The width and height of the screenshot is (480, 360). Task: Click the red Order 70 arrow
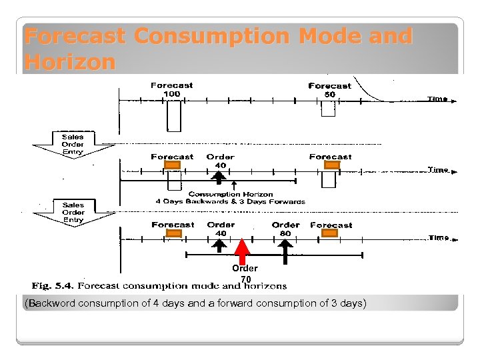tap(243, 253)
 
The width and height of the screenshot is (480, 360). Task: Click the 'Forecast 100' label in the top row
tap(171, 89)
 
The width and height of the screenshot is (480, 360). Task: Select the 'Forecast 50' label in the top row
tap(329, 90)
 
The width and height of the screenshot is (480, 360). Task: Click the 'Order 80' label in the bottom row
tap(285, 229)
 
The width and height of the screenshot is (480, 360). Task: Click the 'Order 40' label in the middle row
tap(220, 161)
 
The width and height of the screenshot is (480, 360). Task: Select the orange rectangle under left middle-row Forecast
tap(173, 165)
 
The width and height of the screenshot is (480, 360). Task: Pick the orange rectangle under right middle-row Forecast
tap(329, 165)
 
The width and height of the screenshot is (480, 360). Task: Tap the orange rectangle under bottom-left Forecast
tap(173, 233)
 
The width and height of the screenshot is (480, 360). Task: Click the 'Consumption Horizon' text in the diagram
tap(230, 194)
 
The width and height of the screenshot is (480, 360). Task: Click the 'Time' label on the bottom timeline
tap(439, 237)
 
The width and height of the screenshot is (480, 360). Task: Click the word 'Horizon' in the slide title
tap(69, 62)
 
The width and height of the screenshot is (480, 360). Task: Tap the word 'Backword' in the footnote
tap(51, 303)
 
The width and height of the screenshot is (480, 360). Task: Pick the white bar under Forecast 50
tap(328, 109)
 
